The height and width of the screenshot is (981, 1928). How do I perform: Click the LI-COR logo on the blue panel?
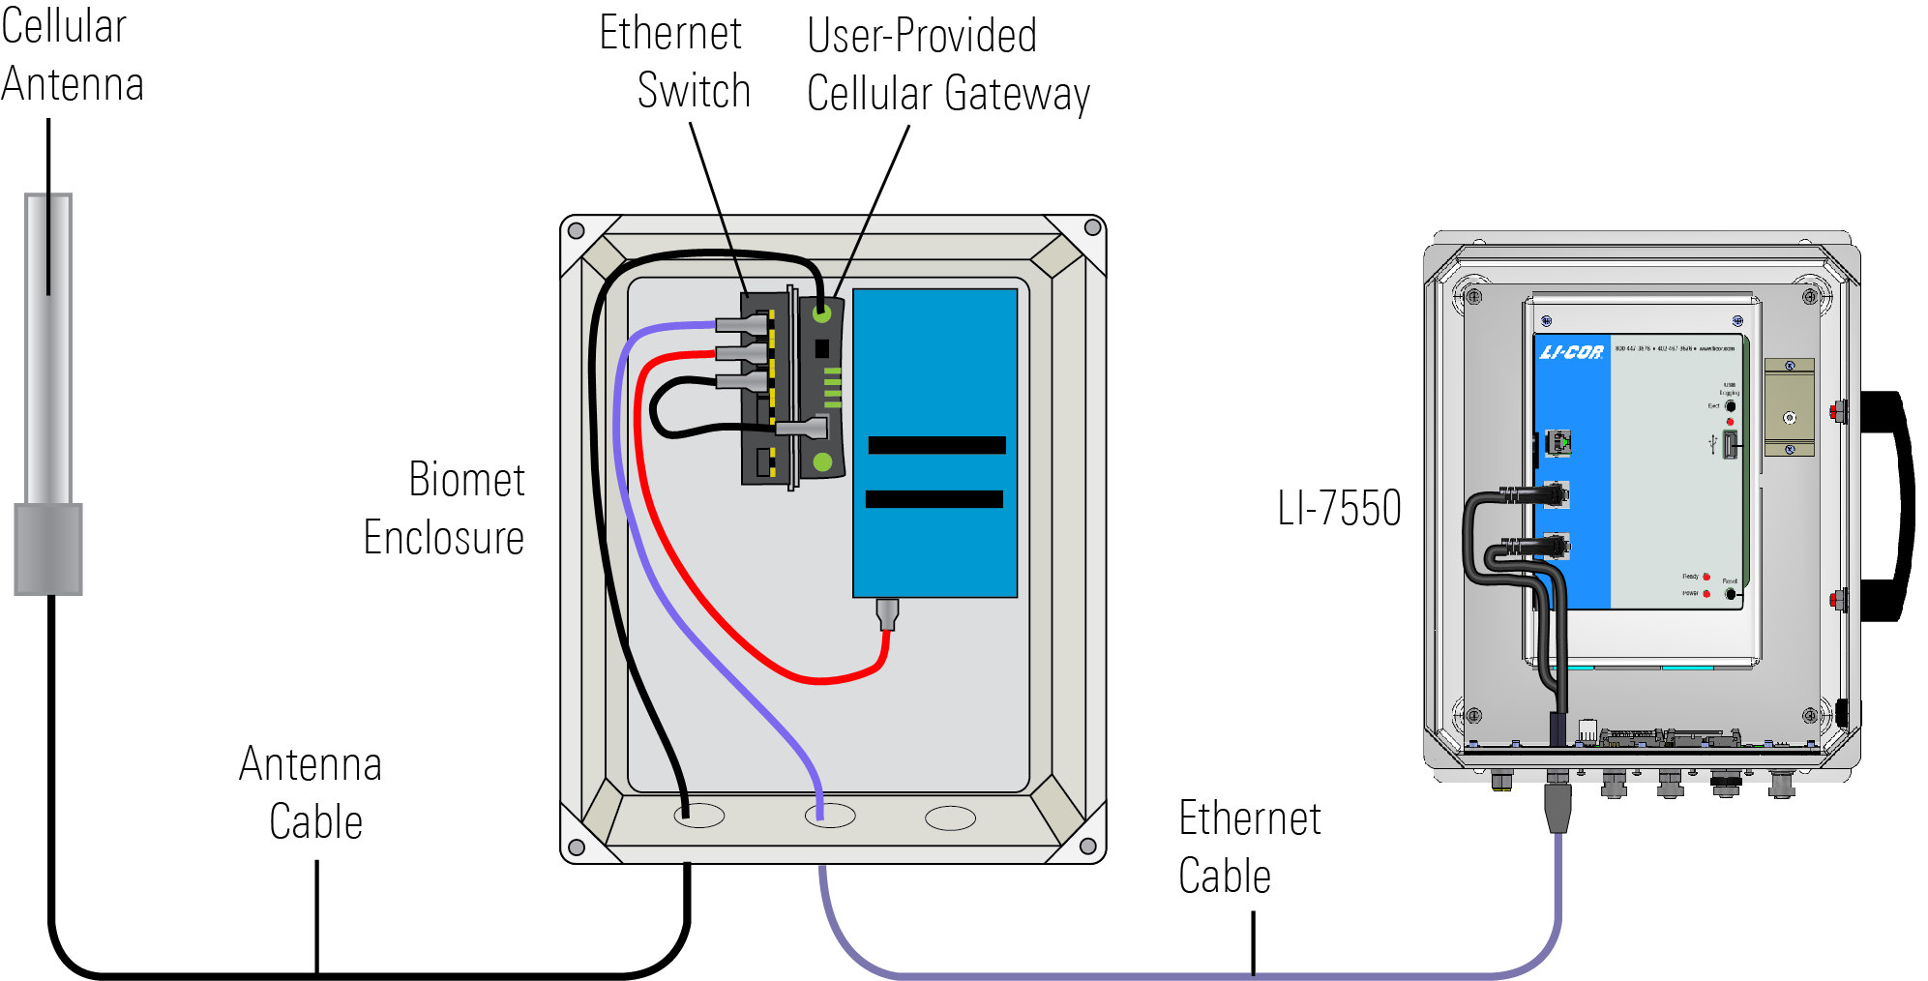click(1571, 352)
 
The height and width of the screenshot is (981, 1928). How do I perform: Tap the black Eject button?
click(1730, 406)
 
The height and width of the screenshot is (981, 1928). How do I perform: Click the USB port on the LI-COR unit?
click(1730, 445)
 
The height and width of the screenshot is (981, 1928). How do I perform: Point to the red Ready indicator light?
click(1706, 577)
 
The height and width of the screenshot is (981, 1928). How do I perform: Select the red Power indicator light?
click(1706, 593)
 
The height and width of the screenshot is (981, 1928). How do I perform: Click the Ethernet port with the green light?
click(1557, 442)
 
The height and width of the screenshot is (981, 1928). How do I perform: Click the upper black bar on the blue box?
click(936, 445)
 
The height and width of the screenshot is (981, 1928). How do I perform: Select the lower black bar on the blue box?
click(934, 499)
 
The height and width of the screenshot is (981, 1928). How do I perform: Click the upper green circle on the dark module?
click(822, 313)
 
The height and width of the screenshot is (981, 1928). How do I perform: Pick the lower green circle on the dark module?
click(822, 462)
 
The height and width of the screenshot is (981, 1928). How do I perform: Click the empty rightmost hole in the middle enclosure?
click(950, 818)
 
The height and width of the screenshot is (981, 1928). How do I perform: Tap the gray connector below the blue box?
click(887, 613)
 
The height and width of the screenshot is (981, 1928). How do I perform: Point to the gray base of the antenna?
click(48, 548)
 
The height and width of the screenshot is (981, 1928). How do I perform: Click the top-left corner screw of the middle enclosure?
click(576, 230)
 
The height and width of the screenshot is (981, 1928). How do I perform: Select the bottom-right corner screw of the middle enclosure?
click(1087, 847)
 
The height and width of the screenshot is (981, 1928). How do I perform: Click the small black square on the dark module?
click(822, 348)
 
